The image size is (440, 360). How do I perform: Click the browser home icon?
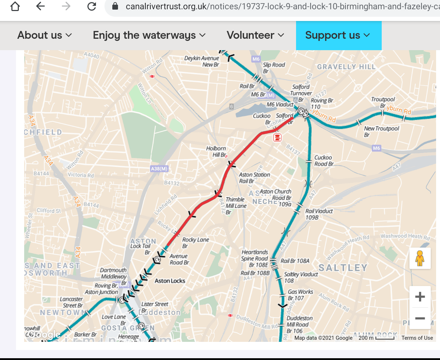click(x=15, y=6)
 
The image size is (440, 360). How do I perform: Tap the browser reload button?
click(x=92, y=6)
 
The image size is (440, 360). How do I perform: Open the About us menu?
click(x=45, y=35)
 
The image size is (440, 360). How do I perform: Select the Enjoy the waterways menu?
click(x=149, y=35)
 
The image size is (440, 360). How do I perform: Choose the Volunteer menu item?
click(x=256, y=35)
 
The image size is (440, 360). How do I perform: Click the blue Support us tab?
click(x=338, y=35)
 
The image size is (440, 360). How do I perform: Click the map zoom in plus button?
click(x=420, y=297)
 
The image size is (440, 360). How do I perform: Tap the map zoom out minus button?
click(x=420, y=318)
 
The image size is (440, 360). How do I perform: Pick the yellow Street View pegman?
click(x=420, y=258)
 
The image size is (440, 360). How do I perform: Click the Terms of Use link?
click(x=417, y=338)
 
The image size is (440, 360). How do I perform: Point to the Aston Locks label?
click(x=170, y=281)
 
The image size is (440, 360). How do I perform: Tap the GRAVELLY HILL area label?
click(x=346, y=67)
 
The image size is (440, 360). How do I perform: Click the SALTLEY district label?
click(x=343, y=268)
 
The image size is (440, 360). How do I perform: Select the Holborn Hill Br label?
click(x=216, y=152)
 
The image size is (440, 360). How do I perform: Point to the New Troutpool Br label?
click(x=381, y=132)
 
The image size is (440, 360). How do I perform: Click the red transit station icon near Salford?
click(x=277, y=137)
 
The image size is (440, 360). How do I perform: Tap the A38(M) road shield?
click(x=159, y=169)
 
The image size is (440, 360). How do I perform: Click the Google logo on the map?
click(x=45, y=335)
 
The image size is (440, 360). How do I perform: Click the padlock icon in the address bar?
click(x=115, y=6)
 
